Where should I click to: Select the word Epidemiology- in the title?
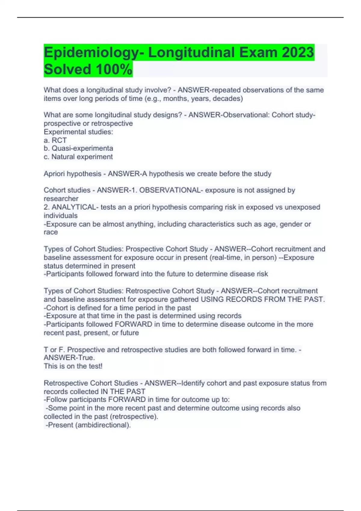pyautogui.click(x=93, y=52)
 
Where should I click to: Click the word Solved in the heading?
pyautogui.click(x=67, y=69)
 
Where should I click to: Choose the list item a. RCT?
pyautogui.click(x=55, y=140)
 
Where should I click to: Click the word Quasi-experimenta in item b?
pyautogui.click(x=82, y=148)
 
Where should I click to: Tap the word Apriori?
pyautogui.click(x=56, y=174)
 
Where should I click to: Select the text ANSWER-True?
pyautogui.click(x=69, y=358)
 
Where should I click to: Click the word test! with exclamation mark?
pyautogui.click(x=95, y=366)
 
